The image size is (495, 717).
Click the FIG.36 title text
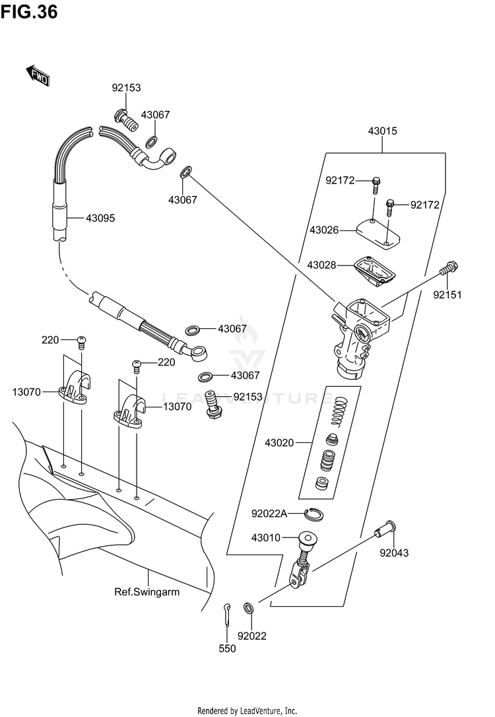click(x=29, y=12)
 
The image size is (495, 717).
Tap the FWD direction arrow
click(x=38, y=76)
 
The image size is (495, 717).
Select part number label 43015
click(x=383, y=131)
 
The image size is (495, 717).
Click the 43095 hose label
click(x=100, y=218)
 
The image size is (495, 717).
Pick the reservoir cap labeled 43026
click(x=378, y=234)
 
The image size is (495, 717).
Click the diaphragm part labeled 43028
click(x=375, y=271)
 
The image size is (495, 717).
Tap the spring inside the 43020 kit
click(x=339, y=409)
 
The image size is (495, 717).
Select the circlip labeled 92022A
click(x=314, y=514)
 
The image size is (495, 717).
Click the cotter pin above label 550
click(x=227, y=615)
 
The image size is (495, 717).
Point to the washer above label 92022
click(x=249, y=609)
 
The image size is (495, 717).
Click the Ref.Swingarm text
click(x=147, y=592)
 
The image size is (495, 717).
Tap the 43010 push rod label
click(x=265, y=537)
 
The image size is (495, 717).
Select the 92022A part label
click(x=269, y=514)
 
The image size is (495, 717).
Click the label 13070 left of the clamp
click(x=26, y=392)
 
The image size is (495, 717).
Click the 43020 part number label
click(x=279, y=442)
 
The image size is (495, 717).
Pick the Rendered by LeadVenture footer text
click(x=247, y=710)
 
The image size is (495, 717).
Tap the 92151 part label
click(x=447, y=295)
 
